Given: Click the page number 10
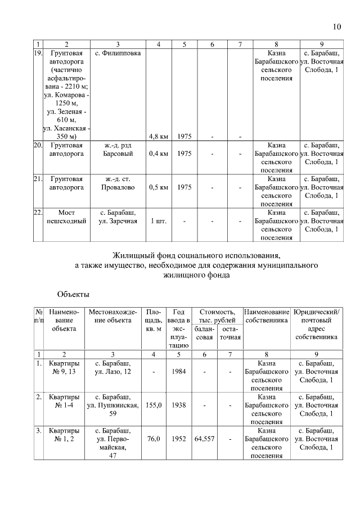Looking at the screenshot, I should click(336, 26).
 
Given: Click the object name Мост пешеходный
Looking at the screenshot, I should click(66, 217).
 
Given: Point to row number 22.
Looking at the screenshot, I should click(38, 213).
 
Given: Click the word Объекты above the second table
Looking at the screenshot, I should click(73, 294).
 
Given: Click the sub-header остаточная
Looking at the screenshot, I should click(230, 333).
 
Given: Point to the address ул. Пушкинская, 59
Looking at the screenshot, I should click(113, 409).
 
